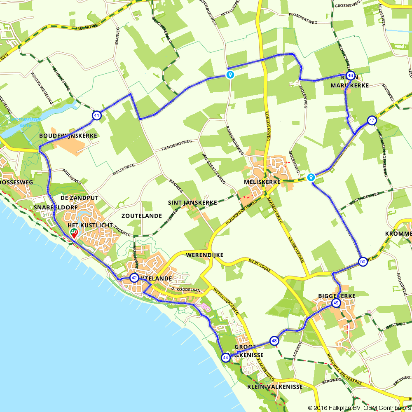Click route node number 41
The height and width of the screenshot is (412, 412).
(x=96, y=115)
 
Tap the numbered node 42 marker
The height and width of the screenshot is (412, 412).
(x=134, y=278)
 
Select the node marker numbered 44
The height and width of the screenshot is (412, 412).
(x=225, y=357)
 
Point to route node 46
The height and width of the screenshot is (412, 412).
(x=350, y=75)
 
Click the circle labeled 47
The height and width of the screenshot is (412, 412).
(x=372, y=120)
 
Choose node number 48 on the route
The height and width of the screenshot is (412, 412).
(x=274, y=341)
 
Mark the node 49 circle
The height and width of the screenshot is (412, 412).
(x=336, y=304)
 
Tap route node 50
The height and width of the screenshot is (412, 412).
(x=363, y=262)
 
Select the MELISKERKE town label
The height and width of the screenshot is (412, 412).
(x=262, y=182)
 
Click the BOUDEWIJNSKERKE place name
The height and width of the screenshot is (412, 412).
(x=68, y=136)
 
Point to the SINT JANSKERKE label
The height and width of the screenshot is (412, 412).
(x=192, y=203)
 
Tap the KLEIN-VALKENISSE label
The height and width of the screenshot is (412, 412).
(x=275, y=387)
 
